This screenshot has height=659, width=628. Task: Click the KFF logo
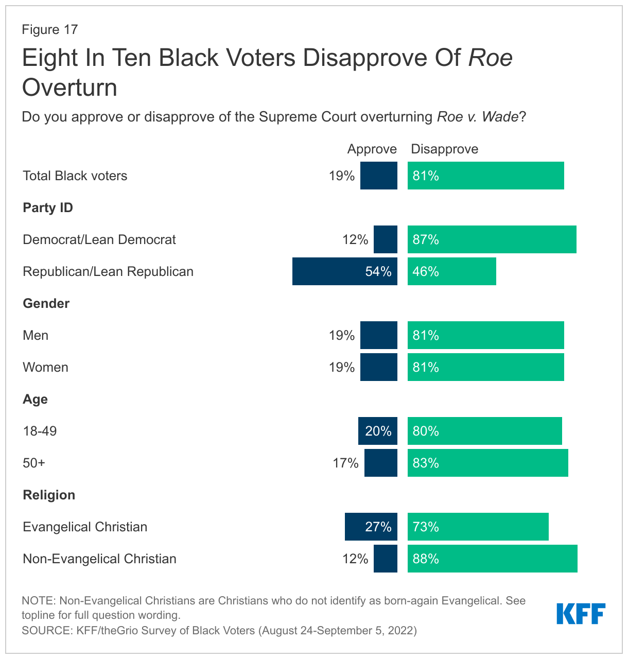coord(581,614)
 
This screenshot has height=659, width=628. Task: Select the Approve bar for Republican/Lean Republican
coord(344,271)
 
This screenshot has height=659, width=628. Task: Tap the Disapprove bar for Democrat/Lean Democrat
coord(492,239)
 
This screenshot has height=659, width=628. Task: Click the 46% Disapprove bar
coord(451,271)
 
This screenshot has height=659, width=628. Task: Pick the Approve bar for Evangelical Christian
coord(371,527)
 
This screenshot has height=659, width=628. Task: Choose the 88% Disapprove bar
coord(492,559)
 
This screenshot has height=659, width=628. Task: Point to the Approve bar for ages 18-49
coord(377,431)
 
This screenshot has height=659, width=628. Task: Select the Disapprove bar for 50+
coord(487,463)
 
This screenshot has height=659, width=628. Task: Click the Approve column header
coord(372,149)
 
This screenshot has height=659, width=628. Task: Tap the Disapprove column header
coord(444,149)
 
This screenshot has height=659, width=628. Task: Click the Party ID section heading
coord(48,207)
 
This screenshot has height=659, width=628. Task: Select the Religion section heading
coord(49,495)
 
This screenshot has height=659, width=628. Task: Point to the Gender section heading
coord(46,303)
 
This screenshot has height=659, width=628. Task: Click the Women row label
coord(45,367)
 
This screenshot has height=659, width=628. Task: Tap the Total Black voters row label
coord(75,176)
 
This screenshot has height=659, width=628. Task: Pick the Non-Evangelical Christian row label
coord(99,559)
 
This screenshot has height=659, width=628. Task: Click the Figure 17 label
coord(49,29)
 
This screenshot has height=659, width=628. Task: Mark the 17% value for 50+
coord(345,463)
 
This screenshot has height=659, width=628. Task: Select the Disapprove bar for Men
coord(485,335)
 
